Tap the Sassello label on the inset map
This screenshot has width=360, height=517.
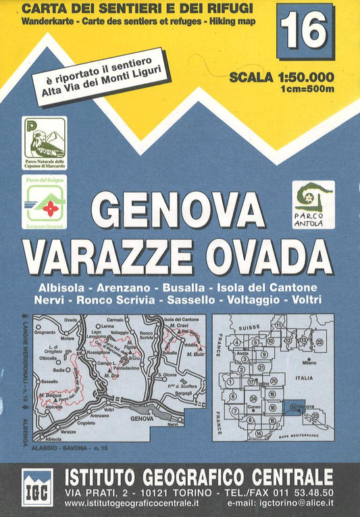(49, 383)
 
